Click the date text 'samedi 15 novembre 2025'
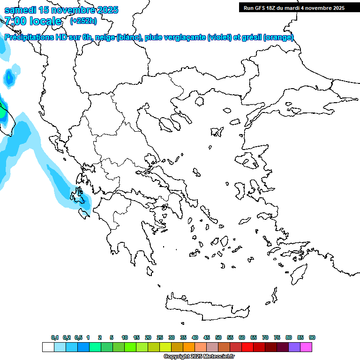61,10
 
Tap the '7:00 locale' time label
33,21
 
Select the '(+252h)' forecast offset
83,21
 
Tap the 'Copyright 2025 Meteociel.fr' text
199,357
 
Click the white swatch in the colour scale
48,347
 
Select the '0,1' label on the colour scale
55,337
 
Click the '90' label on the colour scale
312,337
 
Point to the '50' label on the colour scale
218,337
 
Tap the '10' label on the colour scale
125,337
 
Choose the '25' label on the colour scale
160,337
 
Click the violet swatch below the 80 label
294,347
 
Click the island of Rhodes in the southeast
299,272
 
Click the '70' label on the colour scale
265,337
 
